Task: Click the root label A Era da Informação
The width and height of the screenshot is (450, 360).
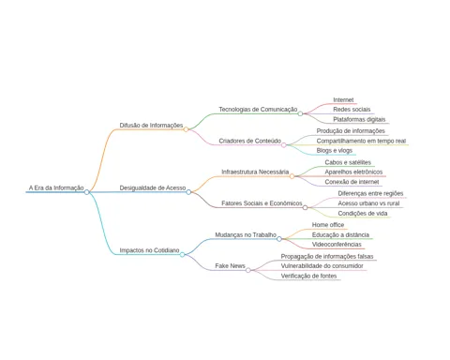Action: (x=56, y=187)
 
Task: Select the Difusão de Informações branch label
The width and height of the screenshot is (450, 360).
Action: (x=151, y=126)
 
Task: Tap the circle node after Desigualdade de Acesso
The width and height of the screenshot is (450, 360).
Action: (x=188, y=192)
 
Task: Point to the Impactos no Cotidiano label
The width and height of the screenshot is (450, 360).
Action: (x=149, y=250)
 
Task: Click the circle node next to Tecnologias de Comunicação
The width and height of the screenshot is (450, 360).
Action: (x=300, y=113)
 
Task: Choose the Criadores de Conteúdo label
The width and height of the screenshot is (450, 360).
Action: (x=250, y=141)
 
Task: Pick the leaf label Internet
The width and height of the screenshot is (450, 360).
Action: (x=343, y=100)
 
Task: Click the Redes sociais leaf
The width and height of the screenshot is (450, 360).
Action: (x=352, y=110)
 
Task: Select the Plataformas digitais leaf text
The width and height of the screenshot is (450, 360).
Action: (x=359, y=119)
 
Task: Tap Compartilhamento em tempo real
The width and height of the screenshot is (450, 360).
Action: (x=361, y=141)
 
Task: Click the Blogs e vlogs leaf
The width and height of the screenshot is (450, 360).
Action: (x=335, y=151)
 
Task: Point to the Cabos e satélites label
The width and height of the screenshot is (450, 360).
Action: (x=348, y=162)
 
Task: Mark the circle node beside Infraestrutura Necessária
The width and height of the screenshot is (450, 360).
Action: (x=292, y=176)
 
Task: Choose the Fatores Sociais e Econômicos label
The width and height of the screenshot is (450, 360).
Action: (x=262, y=203)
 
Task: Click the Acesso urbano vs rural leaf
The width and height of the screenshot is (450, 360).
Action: (x=368, y=203)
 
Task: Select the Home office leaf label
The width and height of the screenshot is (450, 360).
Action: (x=328, y=225)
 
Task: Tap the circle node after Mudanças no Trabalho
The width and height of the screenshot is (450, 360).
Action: (x=279, y=239)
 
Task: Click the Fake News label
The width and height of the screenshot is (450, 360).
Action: (x=230, y=266)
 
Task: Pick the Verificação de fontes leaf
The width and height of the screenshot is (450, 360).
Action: (x=308, y=276)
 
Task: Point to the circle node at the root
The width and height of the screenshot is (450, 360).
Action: (x=87, y=192)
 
